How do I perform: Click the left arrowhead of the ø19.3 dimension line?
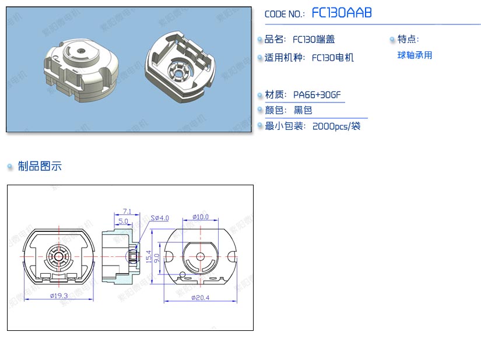24,299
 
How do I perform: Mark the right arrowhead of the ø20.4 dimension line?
237,301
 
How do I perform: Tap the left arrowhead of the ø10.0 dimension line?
183,220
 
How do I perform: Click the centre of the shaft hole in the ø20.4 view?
201,256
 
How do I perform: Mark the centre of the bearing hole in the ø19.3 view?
58,256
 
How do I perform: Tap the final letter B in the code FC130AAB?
367,13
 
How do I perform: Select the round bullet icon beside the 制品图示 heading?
10,167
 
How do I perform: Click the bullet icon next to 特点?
392,39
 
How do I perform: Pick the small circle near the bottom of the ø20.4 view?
182,274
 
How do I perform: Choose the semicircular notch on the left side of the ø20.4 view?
168,256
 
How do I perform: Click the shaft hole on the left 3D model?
81,50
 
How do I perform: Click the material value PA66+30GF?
317,95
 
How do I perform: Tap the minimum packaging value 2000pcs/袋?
336,126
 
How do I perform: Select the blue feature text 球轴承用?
415,55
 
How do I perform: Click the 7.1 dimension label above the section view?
127,211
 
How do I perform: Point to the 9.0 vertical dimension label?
157,258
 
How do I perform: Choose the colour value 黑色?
303,110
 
